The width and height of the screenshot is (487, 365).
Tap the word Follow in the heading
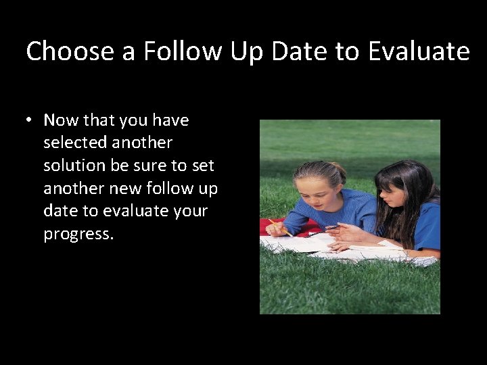[x=182, y=51]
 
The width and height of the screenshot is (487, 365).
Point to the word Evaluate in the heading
[x=419, y=51]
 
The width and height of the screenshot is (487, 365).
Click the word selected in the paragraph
[x=74, y=143]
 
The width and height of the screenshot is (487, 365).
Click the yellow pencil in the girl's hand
[x=280, y=227]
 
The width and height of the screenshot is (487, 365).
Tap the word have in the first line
[x=170, y=120]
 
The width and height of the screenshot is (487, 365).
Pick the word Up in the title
[x=246, y=51]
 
